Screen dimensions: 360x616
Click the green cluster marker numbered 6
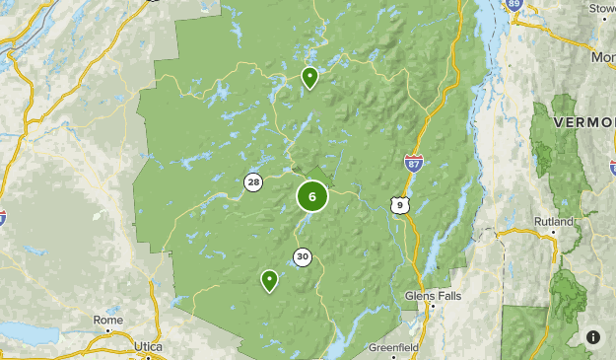312,196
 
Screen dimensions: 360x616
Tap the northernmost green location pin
309,76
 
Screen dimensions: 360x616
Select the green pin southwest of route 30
269,280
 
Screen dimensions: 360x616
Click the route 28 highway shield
254,181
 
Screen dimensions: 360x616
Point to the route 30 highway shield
302,257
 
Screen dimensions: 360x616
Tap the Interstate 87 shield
414,162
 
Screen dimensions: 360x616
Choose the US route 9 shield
398,205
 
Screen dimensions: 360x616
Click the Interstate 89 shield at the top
487,5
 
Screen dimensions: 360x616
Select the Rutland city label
553,221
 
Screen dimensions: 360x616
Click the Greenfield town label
394,348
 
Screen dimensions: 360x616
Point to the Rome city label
108,321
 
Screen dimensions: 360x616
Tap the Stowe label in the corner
601,8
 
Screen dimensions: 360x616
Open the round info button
593,337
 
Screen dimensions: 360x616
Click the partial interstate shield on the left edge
2,215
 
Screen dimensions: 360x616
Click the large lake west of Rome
25,333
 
